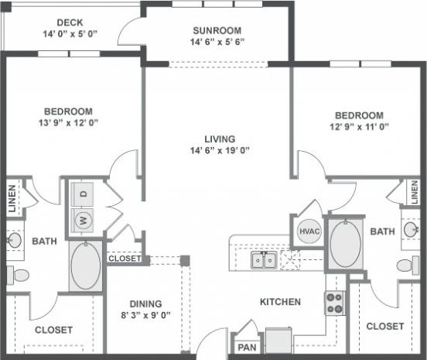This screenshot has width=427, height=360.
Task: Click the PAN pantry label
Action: pyautogui.click(x=248, y=348)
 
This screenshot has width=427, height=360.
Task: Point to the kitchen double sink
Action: pyautogui.click(x=263, y=260)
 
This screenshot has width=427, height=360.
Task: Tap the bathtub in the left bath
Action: pyautogui.click(x=84, y=266)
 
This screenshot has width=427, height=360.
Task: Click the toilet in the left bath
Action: pyautogui.click(x=16, y=274)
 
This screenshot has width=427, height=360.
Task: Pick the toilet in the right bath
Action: pyautogui.click(x=408, y=266)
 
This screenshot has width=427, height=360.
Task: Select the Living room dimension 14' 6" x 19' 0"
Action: pyautogui.click(x=220, y=150)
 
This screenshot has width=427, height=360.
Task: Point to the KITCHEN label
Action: pyautogui.click(x=278, y=301)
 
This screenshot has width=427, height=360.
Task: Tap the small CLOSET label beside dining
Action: pyautogui.click(x=124, y=259)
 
